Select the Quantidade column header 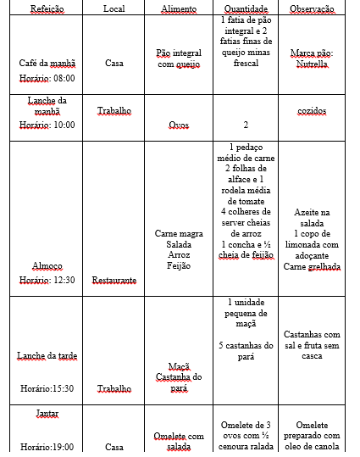(245, 8)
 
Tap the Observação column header (312, 8)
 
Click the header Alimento (179, 8)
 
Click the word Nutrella (312, 64)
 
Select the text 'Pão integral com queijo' (179, 58)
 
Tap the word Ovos (179, 125)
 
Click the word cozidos (312, 111)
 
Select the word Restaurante (114, 280)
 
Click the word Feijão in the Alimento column (179, 266)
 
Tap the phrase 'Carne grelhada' (312, 266)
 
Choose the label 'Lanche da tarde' (47, 356)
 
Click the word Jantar (47, 414)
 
